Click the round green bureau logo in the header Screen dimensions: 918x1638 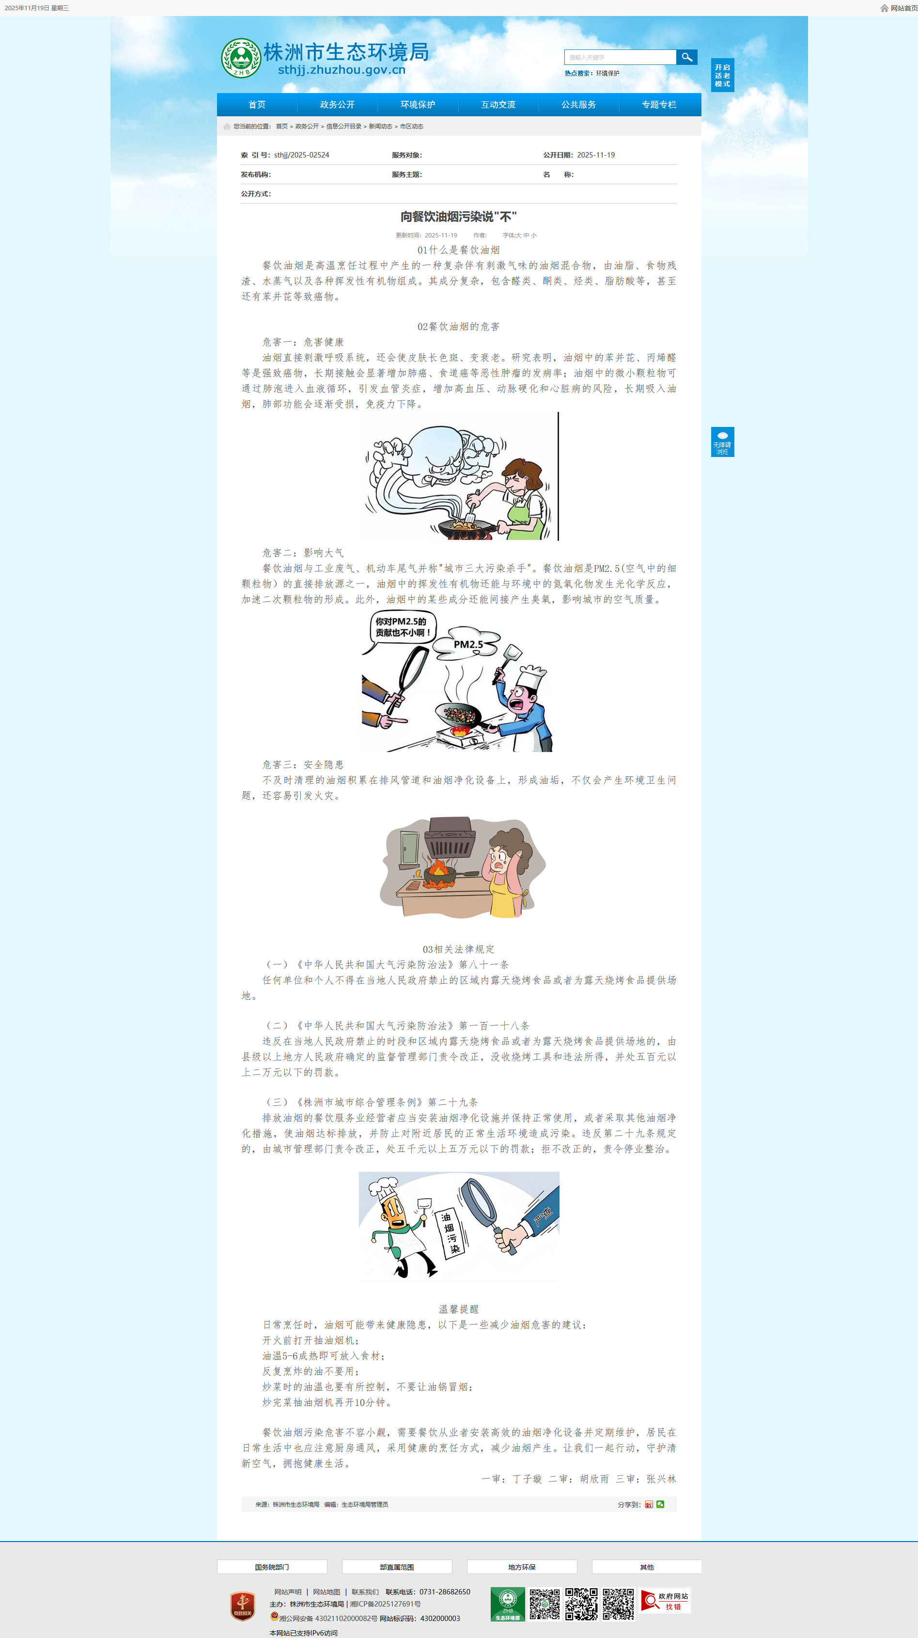click(x=241, y=58)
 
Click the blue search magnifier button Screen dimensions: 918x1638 click(x=686, y=57)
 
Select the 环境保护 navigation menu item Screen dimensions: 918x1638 click(x=418, y=104)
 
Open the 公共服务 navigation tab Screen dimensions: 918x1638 click(x=578, y=104)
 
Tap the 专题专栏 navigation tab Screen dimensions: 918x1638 click(x=659, y=104)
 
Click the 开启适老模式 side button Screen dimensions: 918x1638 click(x=722, y=76)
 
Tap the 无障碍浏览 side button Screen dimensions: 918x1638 click(x=722, y=442)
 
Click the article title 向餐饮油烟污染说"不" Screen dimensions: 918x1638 click(x=458, y=217)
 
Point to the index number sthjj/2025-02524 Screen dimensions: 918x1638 click(x=302, y=155)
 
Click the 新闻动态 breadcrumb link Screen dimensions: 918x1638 click(x=380, y=126)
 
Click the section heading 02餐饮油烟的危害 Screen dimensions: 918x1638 click(x=458, y=327)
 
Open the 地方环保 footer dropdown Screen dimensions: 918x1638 click(x=522, y=1567)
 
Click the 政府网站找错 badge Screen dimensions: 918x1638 click(x=665, y=1601)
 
